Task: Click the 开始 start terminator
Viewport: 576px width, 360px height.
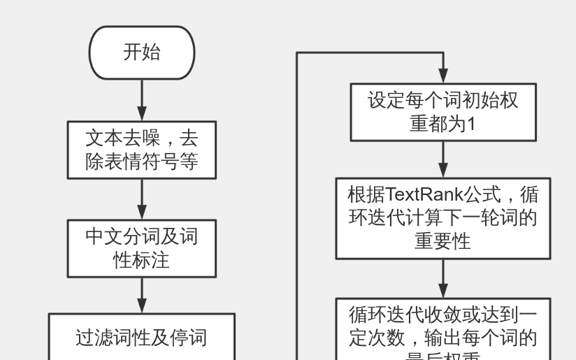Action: coord(141,52)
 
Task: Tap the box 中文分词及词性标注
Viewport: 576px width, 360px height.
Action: coord(141,248)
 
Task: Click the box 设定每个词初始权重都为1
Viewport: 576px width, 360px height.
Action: coord(443,113)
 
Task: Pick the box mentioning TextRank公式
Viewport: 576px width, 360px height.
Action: coord(443,218)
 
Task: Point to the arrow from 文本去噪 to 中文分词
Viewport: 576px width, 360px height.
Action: coord(142,199)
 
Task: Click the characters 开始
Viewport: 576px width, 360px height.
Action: coord(141,52)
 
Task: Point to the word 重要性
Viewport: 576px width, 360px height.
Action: coord(442,242)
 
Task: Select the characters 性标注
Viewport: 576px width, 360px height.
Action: coord(141,261)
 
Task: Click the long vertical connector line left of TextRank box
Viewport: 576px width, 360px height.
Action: coord(298,210)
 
